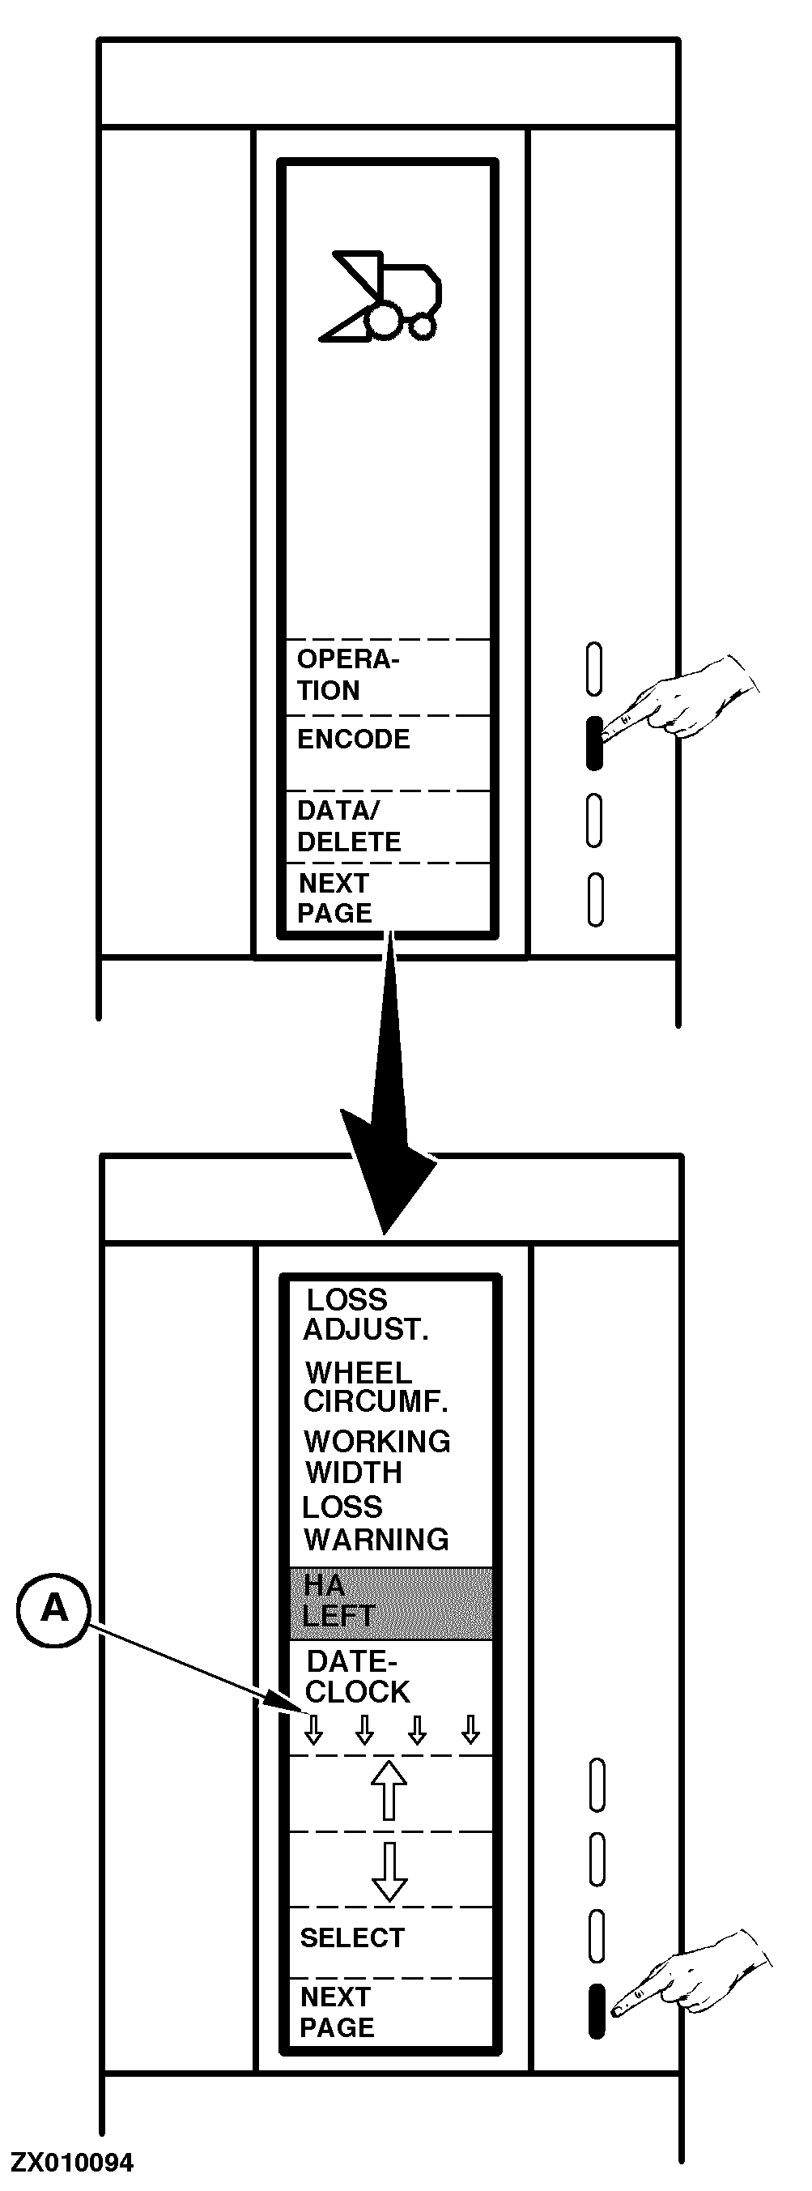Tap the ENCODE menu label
[x=353, y=740]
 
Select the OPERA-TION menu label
[x=347, y=675]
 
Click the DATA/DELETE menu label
[x=348, y=826]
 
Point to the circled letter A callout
[x=53, y=1608]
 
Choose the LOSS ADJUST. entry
[x=366, y=1314]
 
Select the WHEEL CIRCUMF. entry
[x=375, y=1387]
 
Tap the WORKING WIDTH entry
[x=376, y=1456]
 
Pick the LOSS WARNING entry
[x=375, y=1524]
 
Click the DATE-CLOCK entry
[x=357, y=1677]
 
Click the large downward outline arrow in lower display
[x=389, y=1870]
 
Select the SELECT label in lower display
[x=352, y=1937]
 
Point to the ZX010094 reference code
[x=72, y=2163]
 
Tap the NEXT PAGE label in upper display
[x=335, y=898]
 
